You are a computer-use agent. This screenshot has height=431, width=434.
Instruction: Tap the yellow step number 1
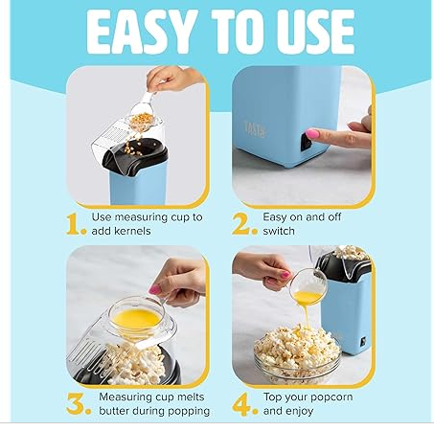78,224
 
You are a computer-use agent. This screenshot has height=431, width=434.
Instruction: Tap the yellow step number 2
244,224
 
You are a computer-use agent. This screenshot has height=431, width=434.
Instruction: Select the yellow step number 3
78,402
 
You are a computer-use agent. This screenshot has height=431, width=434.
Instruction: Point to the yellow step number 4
245,402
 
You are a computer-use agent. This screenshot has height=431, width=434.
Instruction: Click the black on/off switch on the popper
306,142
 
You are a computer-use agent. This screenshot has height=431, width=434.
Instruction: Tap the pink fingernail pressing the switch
313,134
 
